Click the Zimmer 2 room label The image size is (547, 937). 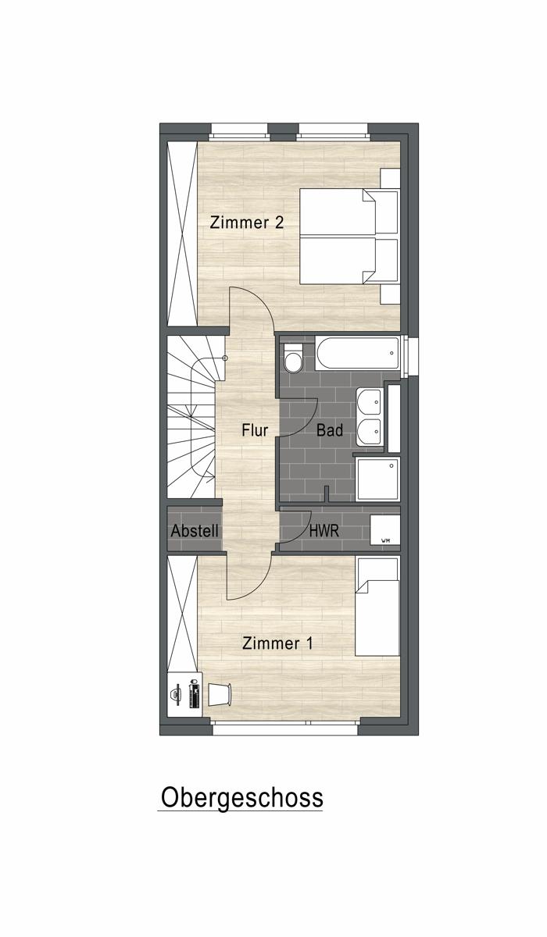point(246,222)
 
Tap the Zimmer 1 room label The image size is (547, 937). point(277,643)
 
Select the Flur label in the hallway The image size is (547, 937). point(255,430)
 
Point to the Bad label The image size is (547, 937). point(330,430)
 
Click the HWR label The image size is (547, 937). point(324,531)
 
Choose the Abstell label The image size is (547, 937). point(195,531)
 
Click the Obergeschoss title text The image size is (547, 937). point(242,797)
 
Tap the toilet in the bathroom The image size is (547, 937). point(292,358)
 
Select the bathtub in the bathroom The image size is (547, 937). point(358,354)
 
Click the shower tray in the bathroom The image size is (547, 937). point(378,479)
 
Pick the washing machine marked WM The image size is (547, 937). point(385,530)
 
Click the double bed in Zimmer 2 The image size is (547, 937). point(349,237)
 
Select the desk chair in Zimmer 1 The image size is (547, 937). point(220,694)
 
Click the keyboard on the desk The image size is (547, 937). point(195,694)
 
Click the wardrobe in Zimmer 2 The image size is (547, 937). point(182,233)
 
